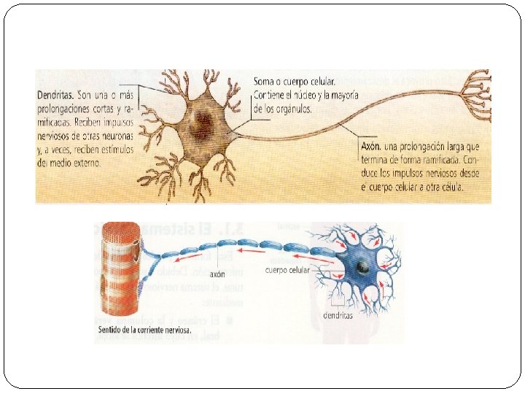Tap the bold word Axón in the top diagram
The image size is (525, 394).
coord(373,146)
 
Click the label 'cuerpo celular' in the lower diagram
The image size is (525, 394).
coord(287,270)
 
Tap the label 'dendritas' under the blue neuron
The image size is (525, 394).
coord(338,315)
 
